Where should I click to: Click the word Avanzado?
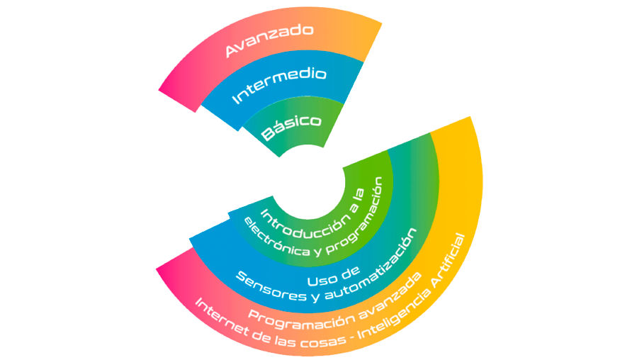[x=269, y=40]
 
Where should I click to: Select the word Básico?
[x=291, y=126]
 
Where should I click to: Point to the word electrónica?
[x=276, y=240]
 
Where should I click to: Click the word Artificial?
[x=451, y=260]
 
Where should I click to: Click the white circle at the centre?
[x=308, y=184]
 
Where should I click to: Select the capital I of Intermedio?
[x=235, y=99]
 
